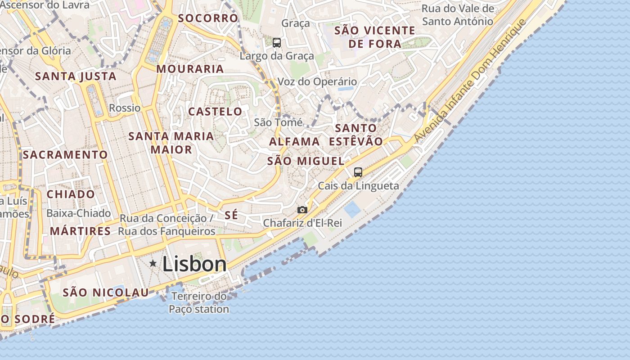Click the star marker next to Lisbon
[153, 263]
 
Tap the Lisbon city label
[194, 264]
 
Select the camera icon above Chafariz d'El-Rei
[302, 210]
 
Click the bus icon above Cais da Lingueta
[358, 172]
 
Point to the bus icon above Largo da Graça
[277, 43]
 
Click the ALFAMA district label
[294, 142]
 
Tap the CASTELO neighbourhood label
[215, 112]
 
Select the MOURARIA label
[190, 69]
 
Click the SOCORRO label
[208, 18]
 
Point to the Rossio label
[125, 108]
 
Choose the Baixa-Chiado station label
[79, 213]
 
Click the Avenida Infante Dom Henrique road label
[470, 81]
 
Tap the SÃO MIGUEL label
[306, 161]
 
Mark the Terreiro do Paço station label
[199, 303]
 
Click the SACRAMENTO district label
[65, 155]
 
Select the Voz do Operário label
[317, 82]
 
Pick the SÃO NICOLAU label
[106, 292]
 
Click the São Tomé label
[278, 122]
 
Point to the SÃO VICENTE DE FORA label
[375, 37]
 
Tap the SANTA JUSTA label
[76, 76]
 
